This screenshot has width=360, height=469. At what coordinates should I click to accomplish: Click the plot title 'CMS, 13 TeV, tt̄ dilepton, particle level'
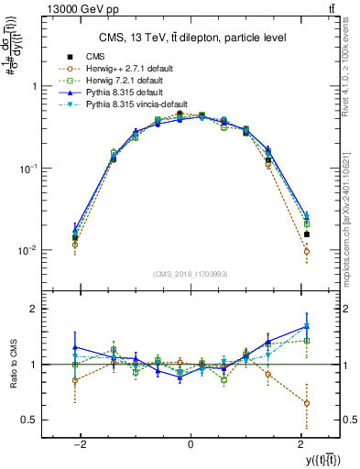[190, 38]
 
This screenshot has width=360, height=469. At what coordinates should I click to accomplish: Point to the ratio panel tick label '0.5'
[30, 420]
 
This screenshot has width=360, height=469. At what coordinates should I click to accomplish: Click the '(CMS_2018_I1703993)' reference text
[190, 274]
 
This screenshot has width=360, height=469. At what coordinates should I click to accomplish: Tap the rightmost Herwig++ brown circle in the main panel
[307, 251]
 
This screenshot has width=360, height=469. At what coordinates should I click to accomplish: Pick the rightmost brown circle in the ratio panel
[307, 403]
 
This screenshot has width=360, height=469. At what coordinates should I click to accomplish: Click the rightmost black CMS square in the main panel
[307, 234]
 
